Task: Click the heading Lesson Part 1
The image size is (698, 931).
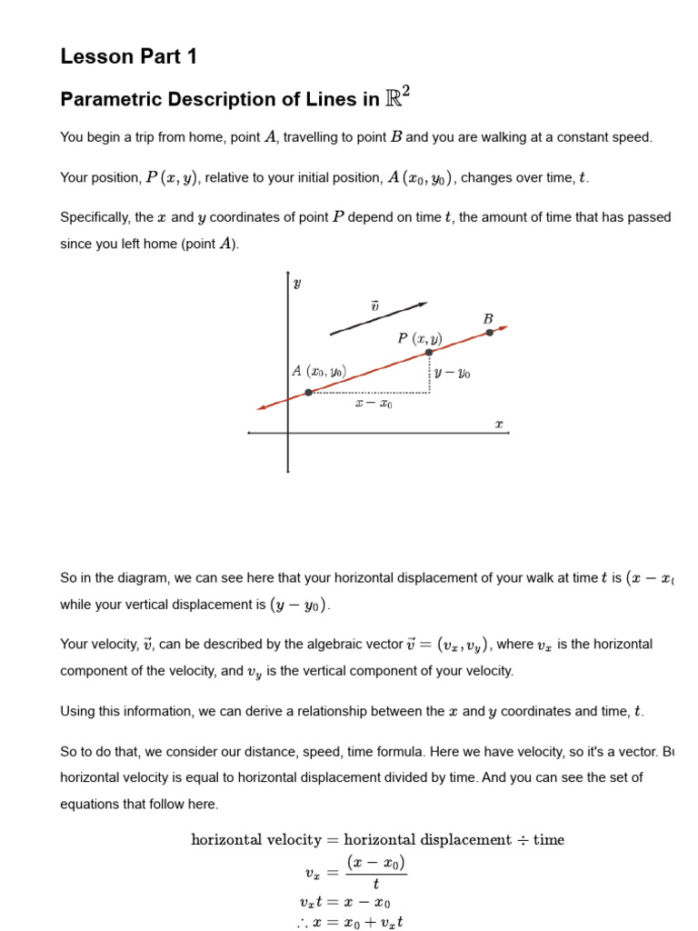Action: [128, 56]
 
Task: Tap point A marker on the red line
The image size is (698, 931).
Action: [309, 392]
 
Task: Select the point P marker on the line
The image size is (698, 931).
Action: [429, 352]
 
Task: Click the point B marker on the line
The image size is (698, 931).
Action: [490, 332]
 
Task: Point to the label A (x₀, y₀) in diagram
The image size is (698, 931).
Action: [319, 371]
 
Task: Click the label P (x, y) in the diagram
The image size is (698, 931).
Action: [419, 338]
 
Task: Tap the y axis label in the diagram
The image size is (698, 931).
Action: [297, 284]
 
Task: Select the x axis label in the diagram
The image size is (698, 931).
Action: [498, 424]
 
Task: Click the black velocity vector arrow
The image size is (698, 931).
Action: [378, 318]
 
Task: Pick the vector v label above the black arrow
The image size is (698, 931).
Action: [374, 306]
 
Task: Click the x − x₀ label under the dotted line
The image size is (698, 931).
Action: [374, 404]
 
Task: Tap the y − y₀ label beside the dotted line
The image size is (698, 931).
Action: [453, 373]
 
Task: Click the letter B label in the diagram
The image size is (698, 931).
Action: [488, 318]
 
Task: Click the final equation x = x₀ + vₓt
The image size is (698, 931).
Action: [349, 922]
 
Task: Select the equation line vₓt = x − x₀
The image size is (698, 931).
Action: [345, 903]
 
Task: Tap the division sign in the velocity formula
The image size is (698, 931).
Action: [522, 840]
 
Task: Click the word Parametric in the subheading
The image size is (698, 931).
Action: [106, 100]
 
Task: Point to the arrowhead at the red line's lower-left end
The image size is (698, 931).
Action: [262, 407]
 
